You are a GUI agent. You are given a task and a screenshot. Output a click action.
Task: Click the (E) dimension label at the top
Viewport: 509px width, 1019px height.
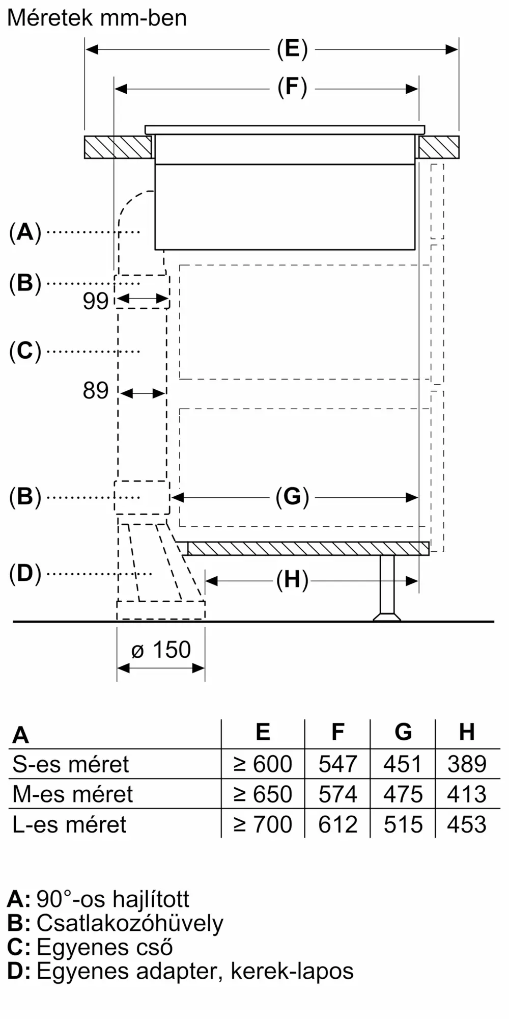coord(292,49)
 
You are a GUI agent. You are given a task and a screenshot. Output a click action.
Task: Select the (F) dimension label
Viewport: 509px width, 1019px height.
coord(292,87)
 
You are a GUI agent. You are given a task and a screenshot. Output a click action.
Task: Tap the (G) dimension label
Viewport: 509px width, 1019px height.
coord(292,497)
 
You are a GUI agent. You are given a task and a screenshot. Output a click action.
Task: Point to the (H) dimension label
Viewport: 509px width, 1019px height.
coord(292,580)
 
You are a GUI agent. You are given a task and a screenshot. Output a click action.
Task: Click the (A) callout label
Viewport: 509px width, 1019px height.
coord(25,232)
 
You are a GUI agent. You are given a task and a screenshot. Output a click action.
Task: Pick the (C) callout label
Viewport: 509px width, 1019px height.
coord(25,352)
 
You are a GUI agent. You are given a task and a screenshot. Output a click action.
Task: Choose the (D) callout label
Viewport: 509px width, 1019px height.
coord(25,574)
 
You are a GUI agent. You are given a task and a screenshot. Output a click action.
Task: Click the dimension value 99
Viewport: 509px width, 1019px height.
coord(96,301)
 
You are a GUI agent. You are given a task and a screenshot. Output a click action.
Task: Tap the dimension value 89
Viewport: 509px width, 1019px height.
coord(96,391)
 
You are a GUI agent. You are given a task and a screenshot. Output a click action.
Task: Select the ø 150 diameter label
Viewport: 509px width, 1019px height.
coord(161,650)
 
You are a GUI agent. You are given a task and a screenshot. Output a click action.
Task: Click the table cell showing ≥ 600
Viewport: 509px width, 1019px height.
coord(263,764)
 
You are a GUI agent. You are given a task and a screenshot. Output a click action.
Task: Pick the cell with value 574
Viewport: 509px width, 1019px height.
coord(338,794)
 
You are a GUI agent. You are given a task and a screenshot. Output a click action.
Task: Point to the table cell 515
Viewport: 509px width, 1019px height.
coord(403,824)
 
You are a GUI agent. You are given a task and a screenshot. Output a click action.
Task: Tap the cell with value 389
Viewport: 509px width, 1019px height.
coord(467,764)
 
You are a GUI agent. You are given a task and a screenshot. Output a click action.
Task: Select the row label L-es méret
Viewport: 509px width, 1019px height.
coord(69,824)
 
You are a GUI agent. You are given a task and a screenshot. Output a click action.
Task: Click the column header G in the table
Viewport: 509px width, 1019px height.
coord(403,732)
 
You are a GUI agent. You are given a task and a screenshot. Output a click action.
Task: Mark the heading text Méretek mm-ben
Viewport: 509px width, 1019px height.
coord(97,18)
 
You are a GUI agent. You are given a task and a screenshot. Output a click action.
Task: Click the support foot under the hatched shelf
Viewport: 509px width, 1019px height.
coord(387,588)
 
